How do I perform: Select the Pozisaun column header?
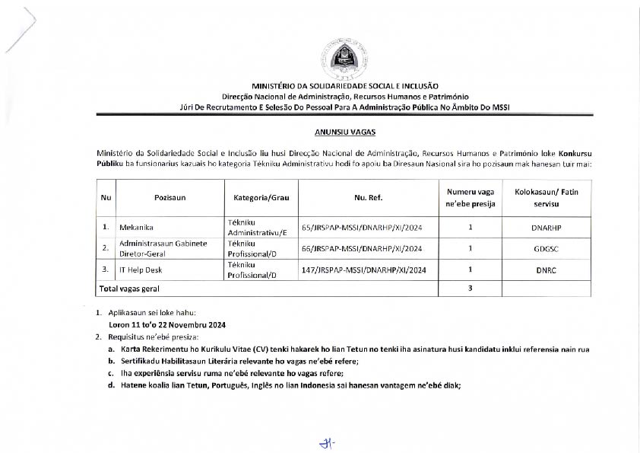click(x=170, y=198)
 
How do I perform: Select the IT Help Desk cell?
click(x=141, y=270)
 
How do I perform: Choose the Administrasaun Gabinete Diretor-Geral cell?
click(x=163, y=248)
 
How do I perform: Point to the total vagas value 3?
click(x=470, y=289)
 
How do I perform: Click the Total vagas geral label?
click(x=129, y=289)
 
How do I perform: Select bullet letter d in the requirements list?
click(x=112, y=385)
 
